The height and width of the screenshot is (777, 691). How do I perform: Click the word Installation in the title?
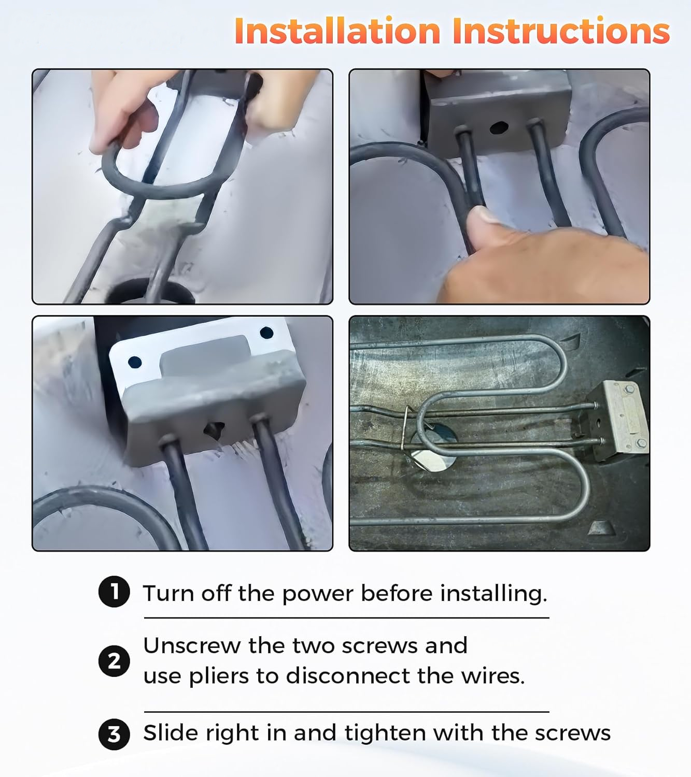[337, 31]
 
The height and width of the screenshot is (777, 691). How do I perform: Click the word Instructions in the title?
[561, 31]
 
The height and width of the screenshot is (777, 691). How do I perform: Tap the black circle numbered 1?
[114, 592]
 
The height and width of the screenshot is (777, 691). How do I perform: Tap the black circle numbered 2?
[114, 661]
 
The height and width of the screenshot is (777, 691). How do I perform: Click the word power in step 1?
[317, 595]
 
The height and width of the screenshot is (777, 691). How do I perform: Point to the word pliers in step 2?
[218, 676]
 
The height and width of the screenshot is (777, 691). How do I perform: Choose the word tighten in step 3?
[385, 733]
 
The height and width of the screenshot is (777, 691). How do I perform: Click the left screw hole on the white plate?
[135, 362]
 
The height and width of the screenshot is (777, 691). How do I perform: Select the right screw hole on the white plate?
[266, 333]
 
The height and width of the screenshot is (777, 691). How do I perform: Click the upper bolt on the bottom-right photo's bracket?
[629, 390]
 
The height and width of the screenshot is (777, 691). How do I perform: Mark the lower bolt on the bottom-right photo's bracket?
[641, 444]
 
